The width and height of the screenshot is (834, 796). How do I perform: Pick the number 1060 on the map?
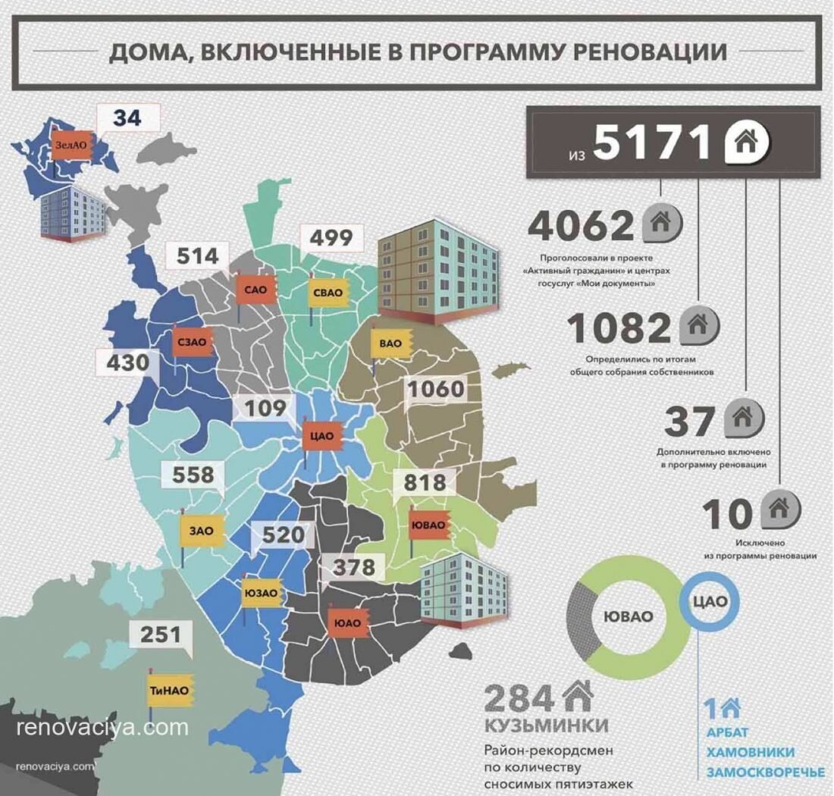435,390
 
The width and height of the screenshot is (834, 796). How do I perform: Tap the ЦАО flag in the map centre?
323,436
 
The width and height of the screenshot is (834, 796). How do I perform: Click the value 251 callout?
161,634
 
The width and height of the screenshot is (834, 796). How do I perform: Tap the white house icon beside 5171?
747,141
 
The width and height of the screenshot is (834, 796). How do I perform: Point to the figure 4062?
581,224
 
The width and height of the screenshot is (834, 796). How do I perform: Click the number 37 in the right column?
689,422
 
